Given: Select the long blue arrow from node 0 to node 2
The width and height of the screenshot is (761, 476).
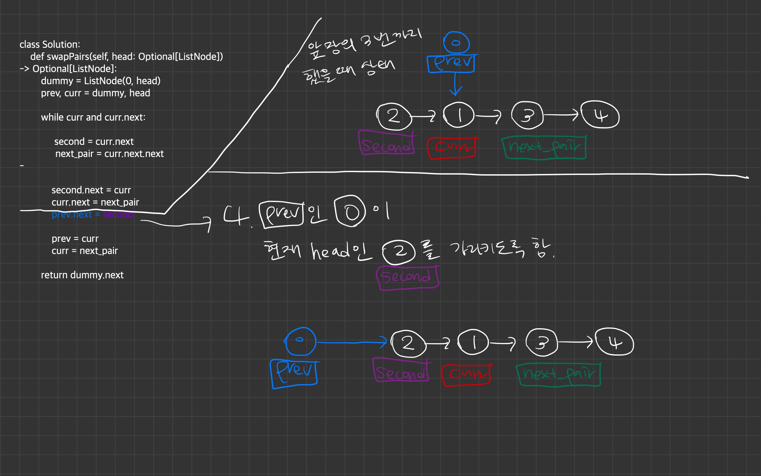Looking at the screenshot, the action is click(351, 343).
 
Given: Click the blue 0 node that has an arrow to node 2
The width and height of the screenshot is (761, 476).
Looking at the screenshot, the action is click(300, 341).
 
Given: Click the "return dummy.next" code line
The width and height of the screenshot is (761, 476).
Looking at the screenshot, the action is click(82, 275).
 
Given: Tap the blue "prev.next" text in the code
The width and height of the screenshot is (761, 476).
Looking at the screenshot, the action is click(72, 215).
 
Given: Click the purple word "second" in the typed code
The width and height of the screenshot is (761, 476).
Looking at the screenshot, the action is click(118, 215).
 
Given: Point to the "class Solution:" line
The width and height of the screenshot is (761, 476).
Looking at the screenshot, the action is click(50, 44).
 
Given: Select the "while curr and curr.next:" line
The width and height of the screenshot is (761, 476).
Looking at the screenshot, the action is click(93, 117).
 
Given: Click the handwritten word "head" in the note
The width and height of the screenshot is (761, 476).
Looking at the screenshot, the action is click(330, 252).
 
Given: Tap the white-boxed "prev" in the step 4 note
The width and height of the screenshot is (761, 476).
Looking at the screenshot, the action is click(281, 215).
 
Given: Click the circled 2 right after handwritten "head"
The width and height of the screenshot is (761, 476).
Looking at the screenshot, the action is click(399, 252).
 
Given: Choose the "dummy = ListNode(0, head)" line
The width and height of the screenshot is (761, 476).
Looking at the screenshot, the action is click(100, 81).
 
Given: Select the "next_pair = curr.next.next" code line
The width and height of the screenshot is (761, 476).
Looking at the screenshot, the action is click(109, 154).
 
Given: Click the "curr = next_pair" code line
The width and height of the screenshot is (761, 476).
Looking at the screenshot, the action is click(85, 251).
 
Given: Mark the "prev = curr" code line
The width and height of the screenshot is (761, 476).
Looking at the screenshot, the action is click(75, 238).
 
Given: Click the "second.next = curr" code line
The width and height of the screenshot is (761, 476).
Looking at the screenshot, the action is click(91, 190).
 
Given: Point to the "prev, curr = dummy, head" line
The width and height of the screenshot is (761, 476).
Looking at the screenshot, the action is click(95, 93).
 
